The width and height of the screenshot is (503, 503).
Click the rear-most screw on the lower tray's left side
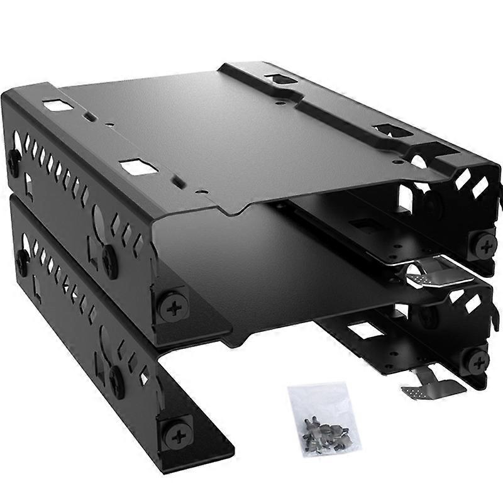(x=21, y=258)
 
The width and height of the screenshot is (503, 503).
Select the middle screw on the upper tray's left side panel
(x=111, y=255)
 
